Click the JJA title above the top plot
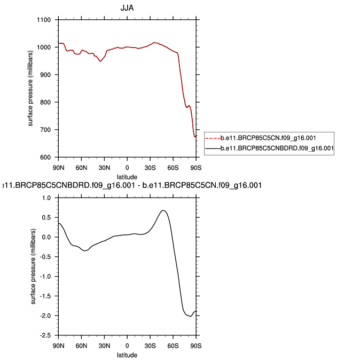pyautogui.click(x=127, y=8)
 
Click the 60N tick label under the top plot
pyautogui.click(x=81, y=167)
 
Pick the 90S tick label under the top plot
pyautogui.click(x=197, y=167)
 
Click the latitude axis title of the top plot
pyautogui.click(x=127, y=176)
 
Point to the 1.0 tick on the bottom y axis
pyautogui.click(x=47, y=198)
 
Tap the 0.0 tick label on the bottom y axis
pyautogui.click(x=47, y=237)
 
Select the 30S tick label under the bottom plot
pyautogui.click(x=151, y=345)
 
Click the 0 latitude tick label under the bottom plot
pyautogui.click(x=127, y=345)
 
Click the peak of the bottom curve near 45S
pyautogui.click(x=163, y=210)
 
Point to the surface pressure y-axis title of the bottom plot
pyautogui.click(x=33, y=266)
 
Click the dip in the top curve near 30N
pyautogui.click(x=100, y=61)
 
